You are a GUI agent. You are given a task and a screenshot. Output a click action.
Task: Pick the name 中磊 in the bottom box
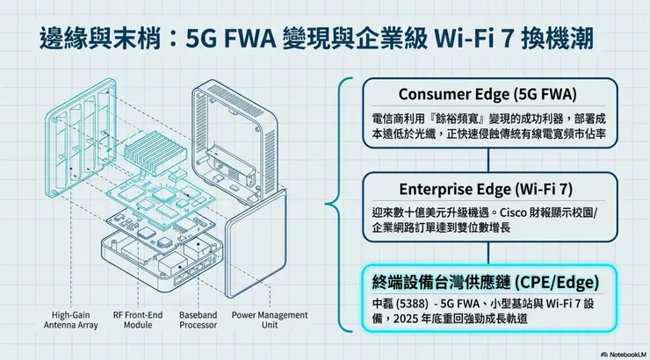point(383,305)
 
